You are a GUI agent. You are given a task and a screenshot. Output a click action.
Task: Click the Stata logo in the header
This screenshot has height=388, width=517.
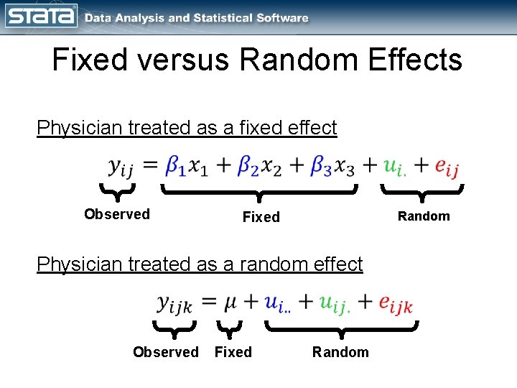click(40, 17)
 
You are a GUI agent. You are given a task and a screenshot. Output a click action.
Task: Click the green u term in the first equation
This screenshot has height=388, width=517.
click(393, 167)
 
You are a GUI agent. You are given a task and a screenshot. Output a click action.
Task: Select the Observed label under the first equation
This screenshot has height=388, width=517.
click(117, 214)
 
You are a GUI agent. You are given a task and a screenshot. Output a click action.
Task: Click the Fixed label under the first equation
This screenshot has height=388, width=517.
click(261, 217)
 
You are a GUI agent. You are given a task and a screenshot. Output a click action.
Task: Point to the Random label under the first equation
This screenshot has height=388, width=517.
click(424, 216)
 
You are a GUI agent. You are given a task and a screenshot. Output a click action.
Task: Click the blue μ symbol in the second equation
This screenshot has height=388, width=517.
click(230, 303)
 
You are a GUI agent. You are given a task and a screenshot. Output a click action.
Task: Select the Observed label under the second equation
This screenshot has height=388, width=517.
click(166, 352)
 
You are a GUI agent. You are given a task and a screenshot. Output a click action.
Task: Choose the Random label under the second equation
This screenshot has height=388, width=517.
click(340, 352)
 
